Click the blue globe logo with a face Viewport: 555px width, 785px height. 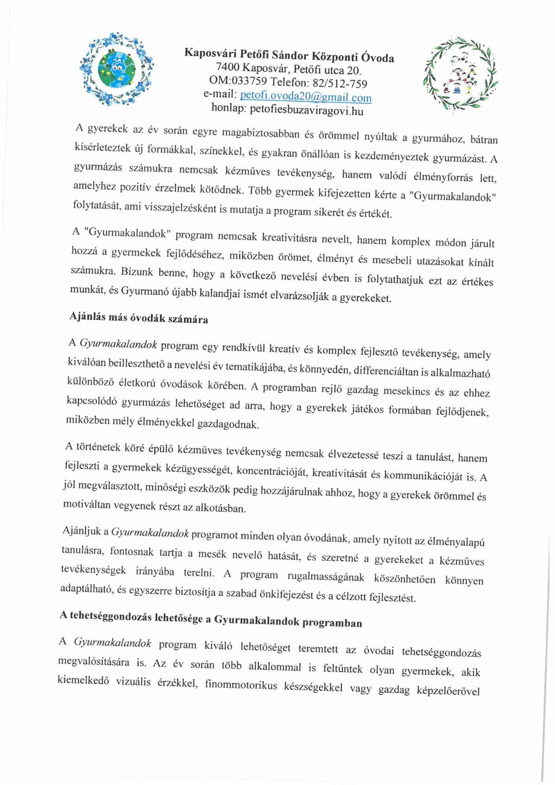[x=116, y=69]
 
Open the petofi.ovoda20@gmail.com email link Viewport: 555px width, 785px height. [x=305, y=96]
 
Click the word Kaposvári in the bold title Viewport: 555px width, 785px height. [x=210, y=53]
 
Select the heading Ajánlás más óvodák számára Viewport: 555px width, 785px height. [x=139, y=318]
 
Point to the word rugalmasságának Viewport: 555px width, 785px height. [x=326, y=577]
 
